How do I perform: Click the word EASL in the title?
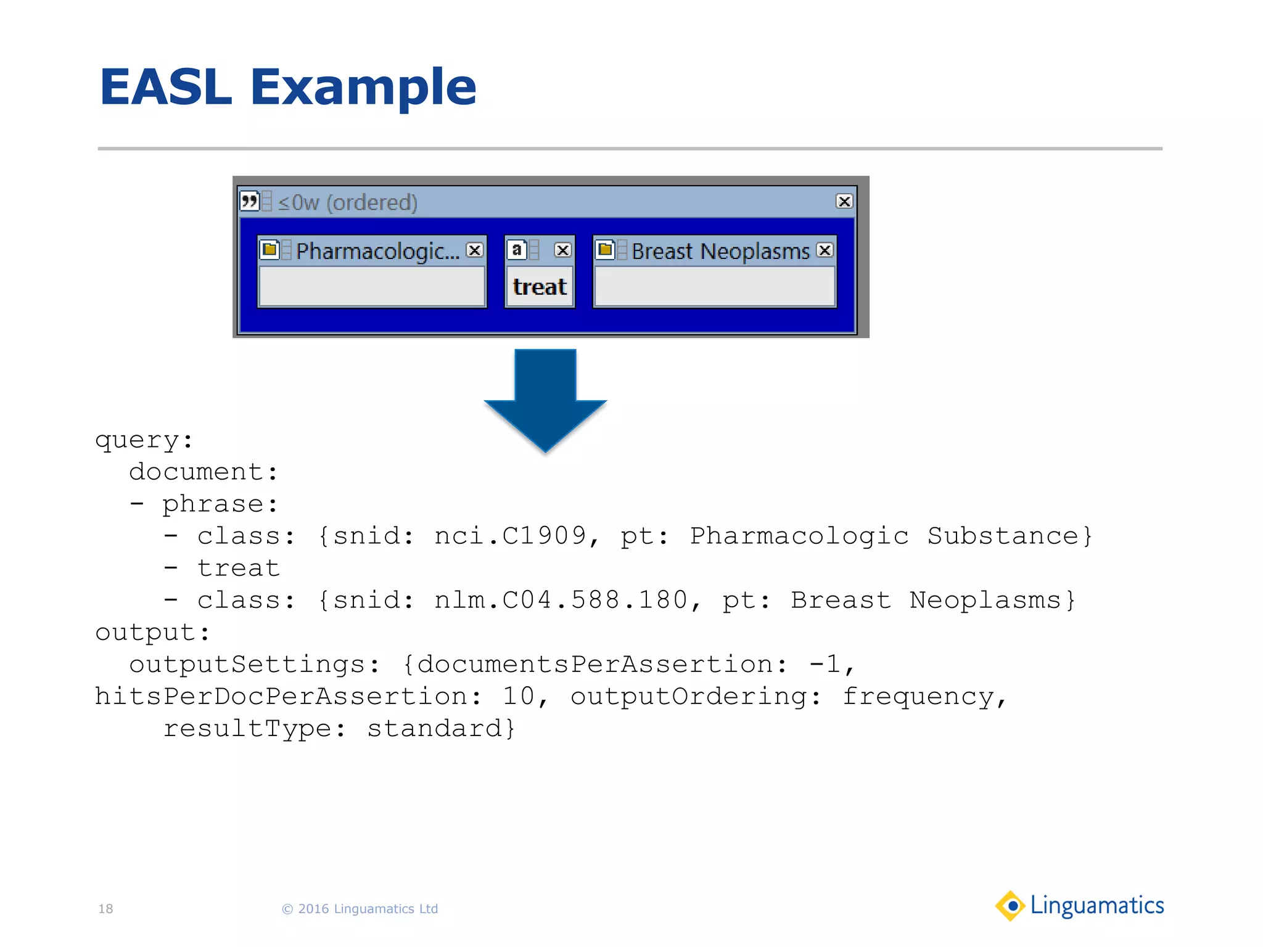(x=165, y=88)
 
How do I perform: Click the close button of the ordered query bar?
(x=844, y=202)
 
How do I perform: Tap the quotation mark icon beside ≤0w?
(x=250, y=201)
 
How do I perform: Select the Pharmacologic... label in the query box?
(x=377, y=251)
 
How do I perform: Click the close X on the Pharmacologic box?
(x=474, y=250)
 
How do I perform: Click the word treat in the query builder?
(x=540, y=287)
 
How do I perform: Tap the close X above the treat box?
(x=562, y=250)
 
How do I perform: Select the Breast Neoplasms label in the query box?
(x=720, y=251)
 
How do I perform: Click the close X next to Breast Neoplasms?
(x=825, y=250)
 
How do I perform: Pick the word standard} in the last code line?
(x=441, y=728)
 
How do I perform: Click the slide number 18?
(x=105, y=909)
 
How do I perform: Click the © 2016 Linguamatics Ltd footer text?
(x=360, y=909)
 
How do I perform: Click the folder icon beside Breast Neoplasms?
(x=605, y=250)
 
